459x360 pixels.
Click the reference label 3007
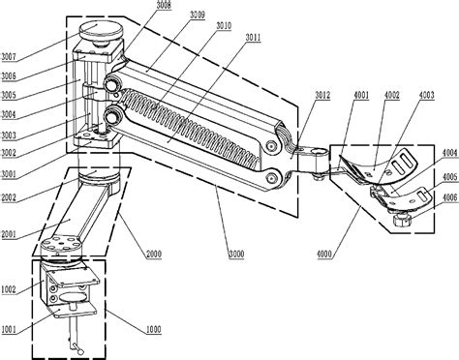9,57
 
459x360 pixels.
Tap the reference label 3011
253,38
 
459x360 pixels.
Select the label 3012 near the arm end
322,95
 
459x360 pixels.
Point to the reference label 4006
450,197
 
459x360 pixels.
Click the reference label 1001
9,329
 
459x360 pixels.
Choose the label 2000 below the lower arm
154,254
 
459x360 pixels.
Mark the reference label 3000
236,254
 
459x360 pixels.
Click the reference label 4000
324,254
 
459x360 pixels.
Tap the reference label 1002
9,289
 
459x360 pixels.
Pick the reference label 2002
9,197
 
